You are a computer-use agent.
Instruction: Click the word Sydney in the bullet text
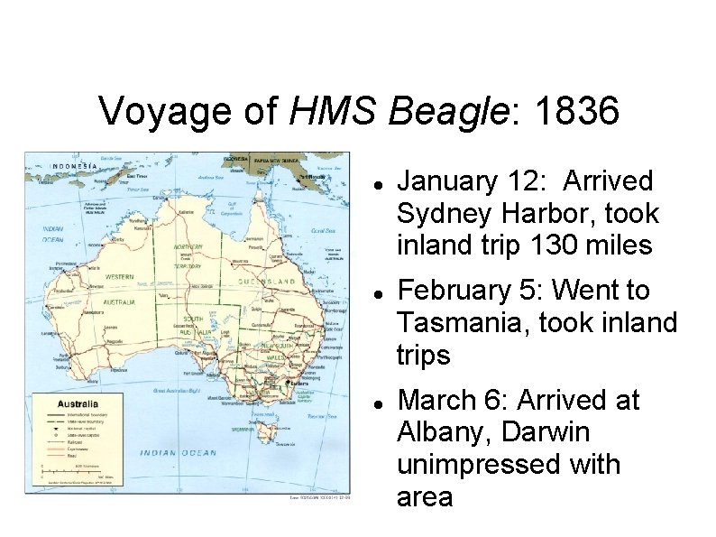(x=445, y=215)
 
